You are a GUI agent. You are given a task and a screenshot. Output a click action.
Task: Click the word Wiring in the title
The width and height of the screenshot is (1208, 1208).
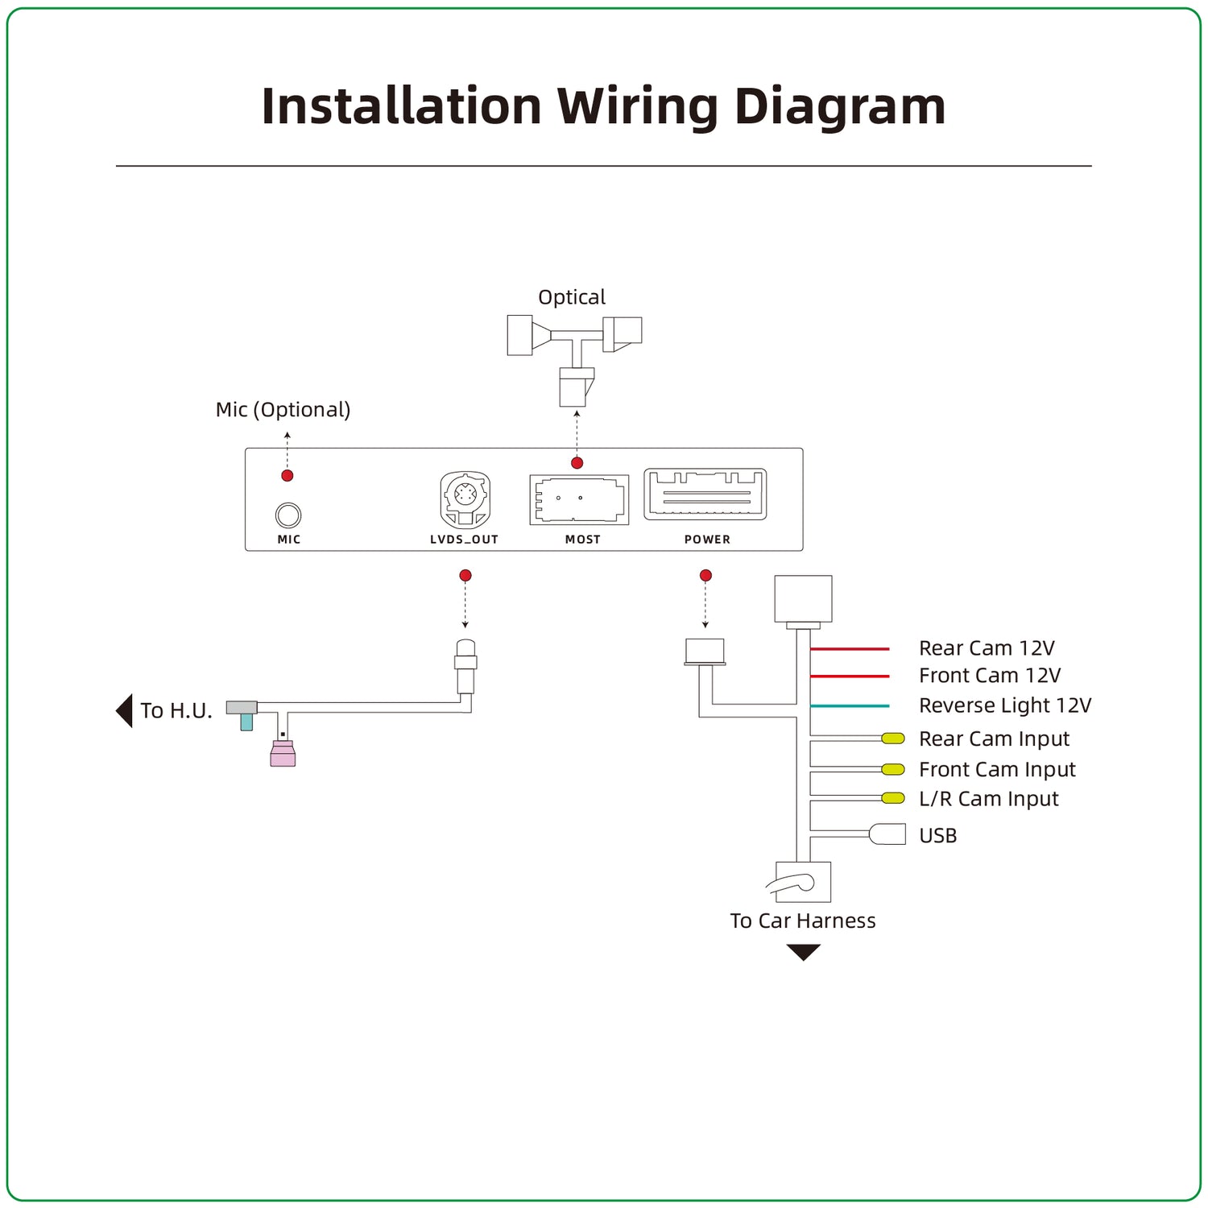pos(637,107)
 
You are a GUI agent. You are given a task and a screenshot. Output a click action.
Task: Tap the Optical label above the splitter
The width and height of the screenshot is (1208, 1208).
pos(572,298)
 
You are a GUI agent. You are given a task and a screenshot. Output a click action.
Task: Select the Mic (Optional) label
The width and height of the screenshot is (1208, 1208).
pos(283,410)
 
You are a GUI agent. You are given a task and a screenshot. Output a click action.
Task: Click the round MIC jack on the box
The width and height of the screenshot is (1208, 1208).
pos(288,515)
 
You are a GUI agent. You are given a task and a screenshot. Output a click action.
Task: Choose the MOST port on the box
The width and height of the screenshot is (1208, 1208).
pos(578,500)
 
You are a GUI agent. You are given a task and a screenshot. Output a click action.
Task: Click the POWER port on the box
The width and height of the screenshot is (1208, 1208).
pos(705,494)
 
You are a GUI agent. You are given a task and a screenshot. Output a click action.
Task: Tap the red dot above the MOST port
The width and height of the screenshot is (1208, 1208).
pos(577,463)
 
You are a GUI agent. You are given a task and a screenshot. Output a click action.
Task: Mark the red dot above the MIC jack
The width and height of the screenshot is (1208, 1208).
pos(288,476)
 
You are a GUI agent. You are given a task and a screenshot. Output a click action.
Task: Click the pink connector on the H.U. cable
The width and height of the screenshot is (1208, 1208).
pos(283,754)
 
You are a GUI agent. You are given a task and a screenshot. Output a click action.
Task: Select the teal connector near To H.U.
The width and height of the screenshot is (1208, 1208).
pos(246,722)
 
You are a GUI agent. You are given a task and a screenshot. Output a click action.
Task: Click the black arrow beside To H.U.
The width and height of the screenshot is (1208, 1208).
pos(124,711)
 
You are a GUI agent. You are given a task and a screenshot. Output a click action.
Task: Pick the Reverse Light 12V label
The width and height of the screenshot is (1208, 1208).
pos(1005,706)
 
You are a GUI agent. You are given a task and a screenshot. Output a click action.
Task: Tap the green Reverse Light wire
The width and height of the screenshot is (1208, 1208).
pos(850,706)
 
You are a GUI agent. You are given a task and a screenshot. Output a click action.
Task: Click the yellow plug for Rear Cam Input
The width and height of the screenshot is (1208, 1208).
pos(893,738)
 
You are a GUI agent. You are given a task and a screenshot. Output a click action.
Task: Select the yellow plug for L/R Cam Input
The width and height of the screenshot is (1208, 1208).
pos(893,798)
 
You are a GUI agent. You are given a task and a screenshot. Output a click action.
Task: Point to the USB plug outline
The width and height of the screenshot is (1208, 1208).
pos(887,834)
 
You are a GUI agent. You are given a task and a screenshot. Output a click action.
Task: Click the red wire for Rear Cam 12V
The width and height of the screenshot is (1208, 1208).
pos(850,648)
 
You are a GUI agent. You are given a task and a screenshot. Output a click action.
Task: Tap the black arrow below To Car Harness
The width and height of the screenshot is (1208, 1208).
pos(803,953)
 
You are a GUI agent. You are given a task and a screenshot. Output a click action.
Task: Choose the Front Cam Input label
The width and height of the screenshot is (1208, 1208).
pos(997,770)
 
